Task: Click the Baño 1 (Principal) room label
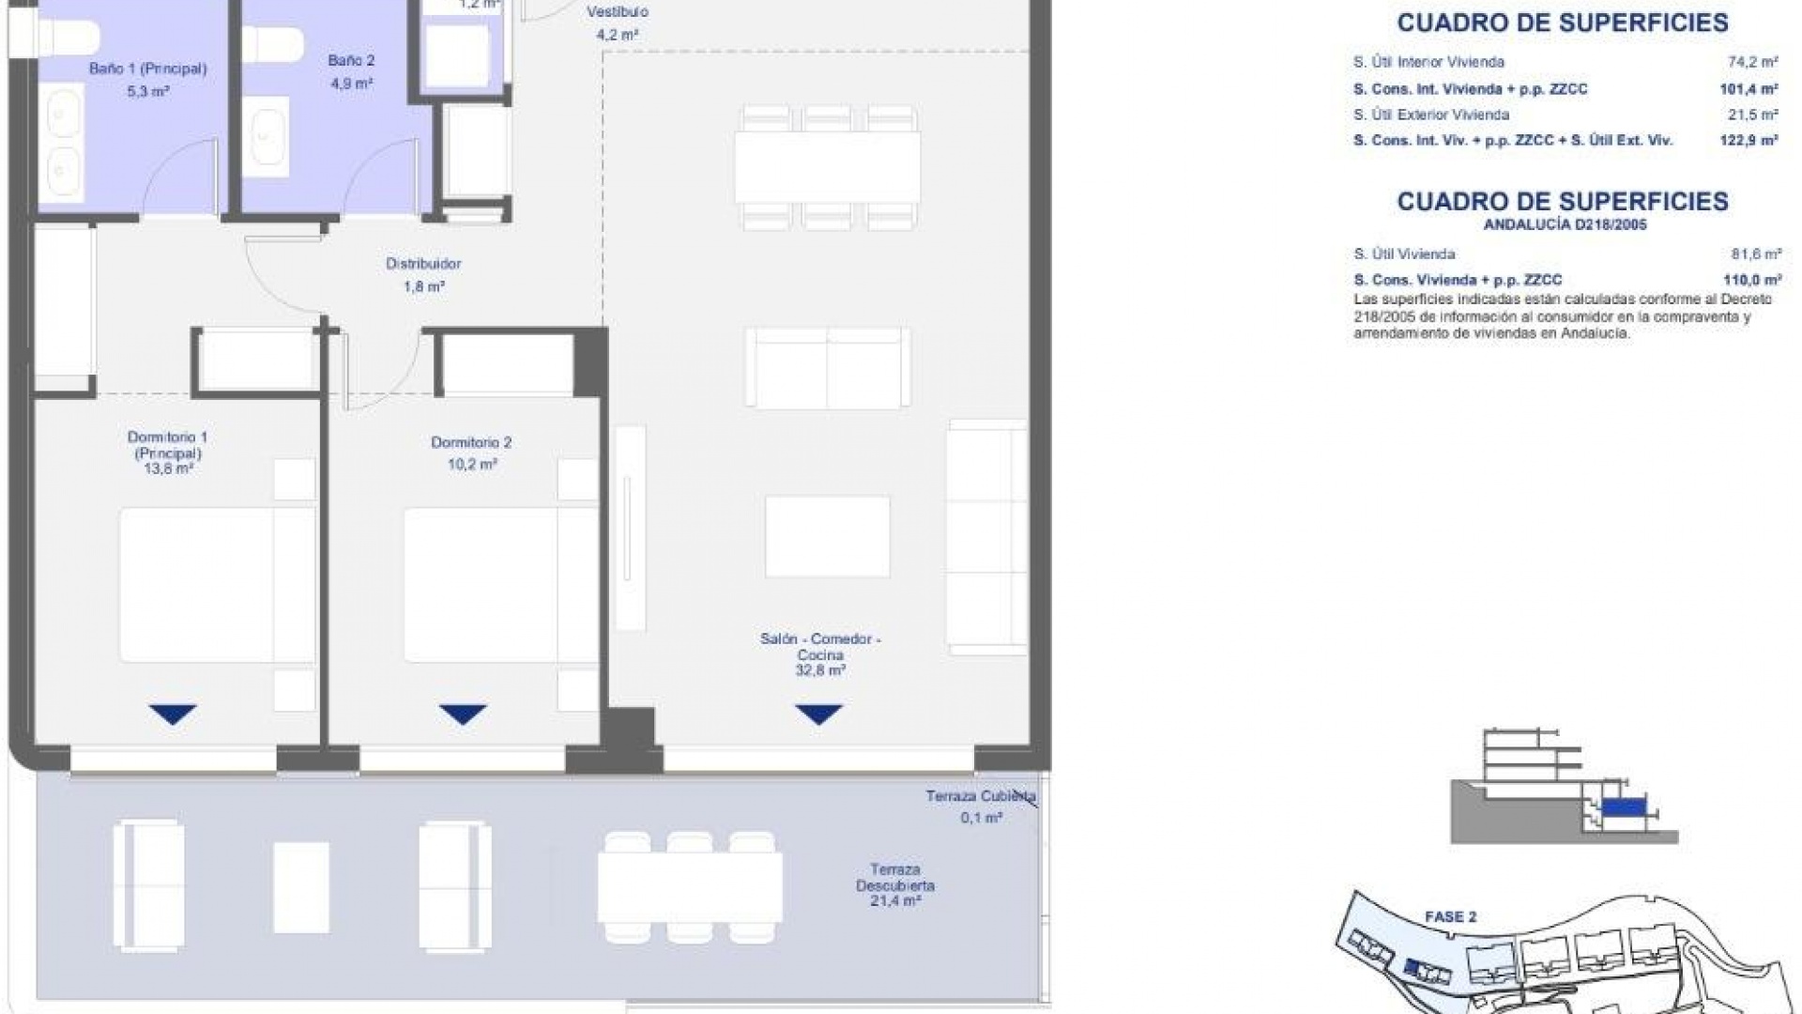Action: pyautogui.click(x=147, y=69)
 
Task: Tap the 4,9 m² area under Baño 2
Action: pyautogui.click(x=351, y=84)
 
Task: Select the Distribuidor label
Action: pyautogui.click(x=423, y=264)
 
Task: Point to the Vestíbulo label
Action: pyautogui.click(x=617, y=12)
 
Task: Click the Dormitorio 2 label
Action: pyautogui.click(x=471, y=442)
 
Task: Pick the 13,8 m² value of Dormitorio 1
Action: pyautogui.click(x=167, y=469)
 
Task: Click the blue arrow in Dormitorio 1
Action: pyautogui.click(x=173, y=714)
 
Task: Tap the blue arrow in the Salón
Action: pyautogui.click(x=818, y=714)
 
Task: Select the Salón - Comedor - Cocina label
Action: pyautogui.click(x=820, y=646)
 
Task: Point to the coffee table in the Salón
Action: pyautogui.click(x=827, y=537)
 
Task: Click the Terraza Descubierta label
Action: pyautogui.click(x=894, y=877)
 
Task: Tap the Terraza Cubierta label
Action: pyautogui.click(x=981, y=796)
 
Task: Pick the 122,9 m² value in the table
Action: pyautogui.click(x=1751, y=141)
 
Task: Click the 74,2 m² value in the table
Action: pyautogui.click(x=1752, y=62)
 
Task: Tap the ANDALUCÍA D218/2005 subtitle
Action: pyautogui.click(x=1565, y=225)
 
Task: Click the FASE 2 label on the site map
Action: pyautogui.click(x=1450, y=916)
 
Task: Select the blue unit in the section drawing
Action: pyautogui.click(x=1624, y=807)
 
